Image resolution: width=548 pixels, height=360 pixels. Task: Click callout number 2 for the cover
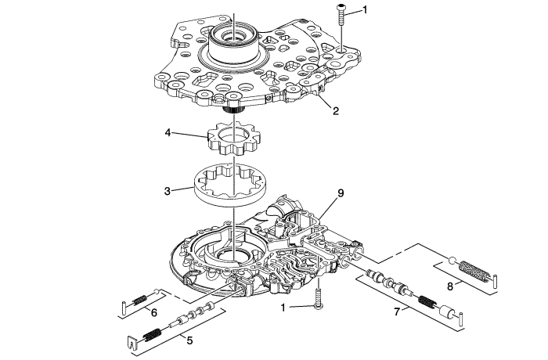tap(336, 111)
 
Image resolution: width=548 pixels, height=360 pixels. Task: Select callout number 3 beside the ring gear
tap(168, 191)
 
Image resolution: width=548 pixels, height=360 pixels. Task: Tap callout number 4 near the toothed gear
tap(168, 133)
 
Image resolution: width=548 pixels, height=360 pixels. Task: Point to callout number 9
tap(341, 193)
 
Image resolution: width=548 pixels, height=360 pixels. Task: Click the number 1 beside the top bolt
tap(366, 10)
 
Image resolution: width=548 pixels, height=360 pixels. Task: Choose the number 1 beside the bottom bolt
tap(283, 308)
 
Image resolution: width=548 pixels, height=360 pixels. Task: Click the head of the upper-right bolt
tap(341, 7)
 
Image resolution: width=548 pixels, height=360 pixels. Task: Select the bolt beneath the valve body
tap(319, 298)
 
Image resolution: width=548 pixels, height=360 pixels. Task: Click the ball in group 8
tap(452, 261)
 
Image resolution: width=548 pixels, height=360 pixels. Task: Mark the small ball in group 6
tap(157, 291)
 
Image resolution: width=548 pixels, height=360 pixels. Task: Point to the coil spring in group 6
tap(140, 299)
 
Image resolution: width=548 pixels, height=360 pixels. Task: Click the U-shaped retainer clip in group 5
tap(131, 344)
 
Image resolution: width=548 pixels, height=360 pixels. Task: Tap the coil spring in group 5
tap(153, 335)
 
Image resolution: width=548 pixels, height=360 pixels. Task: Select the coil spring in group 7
tap(427, 301)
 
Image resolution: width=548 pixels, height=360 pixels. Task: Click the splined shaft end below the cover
tap(233, 110)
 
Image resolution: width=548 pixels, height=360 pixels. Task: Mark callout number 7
tap(396, 311)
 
